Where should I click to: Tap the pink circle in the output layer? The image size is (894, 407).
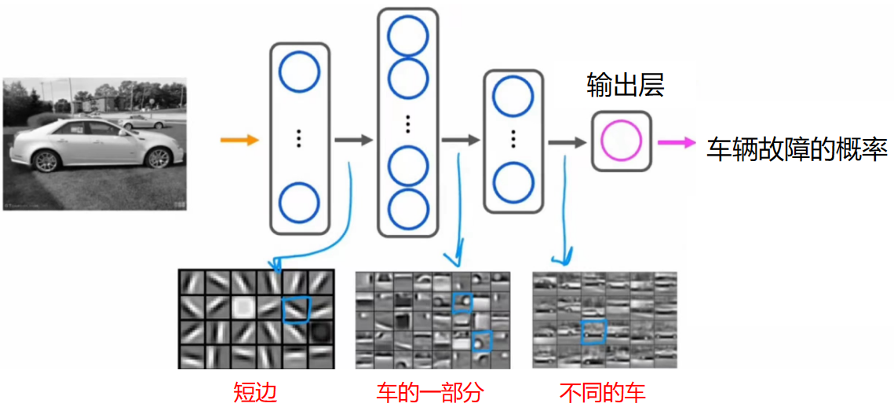point(622,141)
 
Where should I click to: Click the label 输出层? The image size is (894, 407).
point(626,86)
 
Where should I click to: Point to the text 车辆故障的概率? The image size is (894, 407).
point(797,148)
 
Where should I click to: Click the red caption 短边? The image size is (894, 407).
point(255,391)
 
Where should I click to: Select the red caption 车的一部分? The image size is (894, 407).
point(429,391)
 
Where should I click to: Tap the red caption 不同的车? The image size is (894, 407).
point(603,391)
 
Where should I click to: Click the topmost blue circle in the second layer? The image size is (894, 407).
point(408,36)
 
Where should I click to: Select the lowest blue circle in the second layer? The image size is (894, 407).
point(408,208)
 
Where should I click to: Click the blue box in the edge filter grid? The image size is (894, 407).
point(296,308)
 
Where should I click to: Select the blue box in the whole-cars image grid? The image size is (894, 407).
point(594,332)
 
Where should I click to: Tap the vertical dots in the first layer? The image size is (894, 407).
point(299,139)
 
